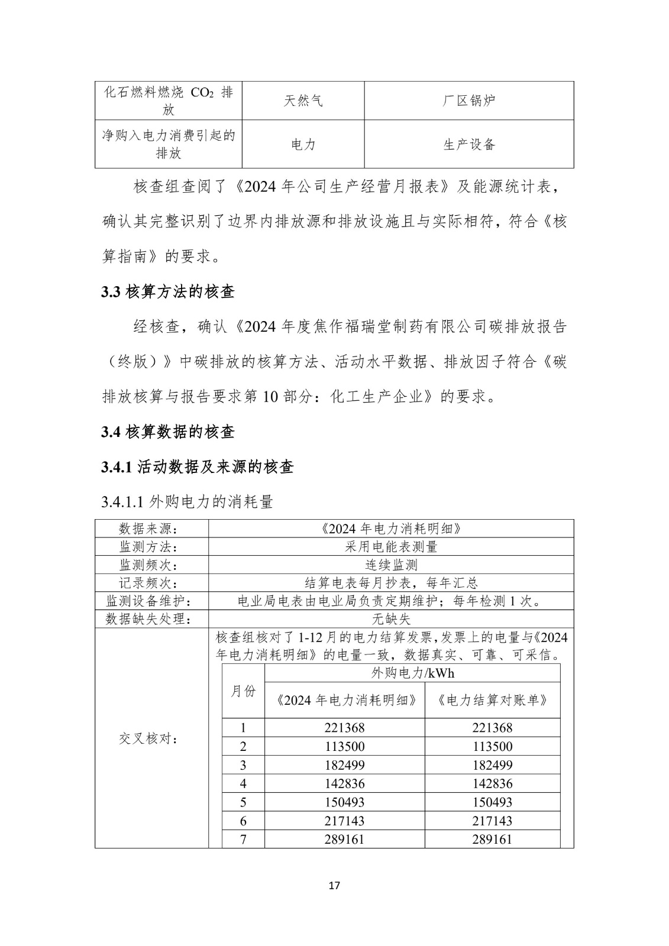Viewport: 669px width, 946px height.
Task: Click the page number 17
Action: [334, 886]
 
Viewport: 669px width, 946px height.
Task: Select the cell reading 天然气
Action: [303, 101]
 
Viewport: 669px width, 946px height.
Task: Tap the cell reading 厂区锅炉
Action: [468, 101]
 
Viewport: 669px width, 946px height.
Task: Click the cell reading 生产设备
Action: [468, 144]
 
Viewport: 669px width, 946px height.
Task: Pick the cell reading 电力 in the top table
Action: [303, 144]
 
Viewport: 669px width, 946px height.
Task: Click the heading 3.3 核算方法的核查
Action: [168, 291]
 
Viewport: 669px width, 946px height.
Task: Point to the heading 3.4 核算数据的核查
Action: [168, 432]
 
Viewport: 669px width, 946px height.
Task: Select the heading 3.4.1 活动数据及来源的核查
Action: [198, 467]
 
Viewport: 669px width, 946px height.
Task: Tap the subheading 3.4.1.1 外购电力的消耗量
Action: [188, 502]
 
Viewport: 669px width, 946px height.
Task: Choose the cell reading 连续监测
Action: [391, 565]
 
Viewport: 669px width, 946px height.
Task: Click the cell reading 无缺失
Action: [391, 619]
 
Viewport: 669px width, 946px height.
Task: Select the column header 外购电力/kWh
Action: [412, 673]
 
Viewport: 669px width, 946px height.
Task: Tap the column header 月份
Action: [243, 691]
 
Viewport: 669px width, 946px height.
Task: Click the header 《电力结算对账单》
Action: [492, 701]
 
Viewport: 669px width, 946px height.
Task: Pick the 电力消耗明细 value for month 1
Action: [344, 728]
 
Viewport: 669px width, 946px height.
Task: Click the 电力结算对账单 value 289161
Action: [492, 839]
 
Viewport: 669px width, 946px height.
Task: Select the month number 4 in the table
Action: [243, 783]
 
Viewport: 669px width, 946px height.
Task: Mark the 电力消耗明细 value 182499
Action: [344, 765]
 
